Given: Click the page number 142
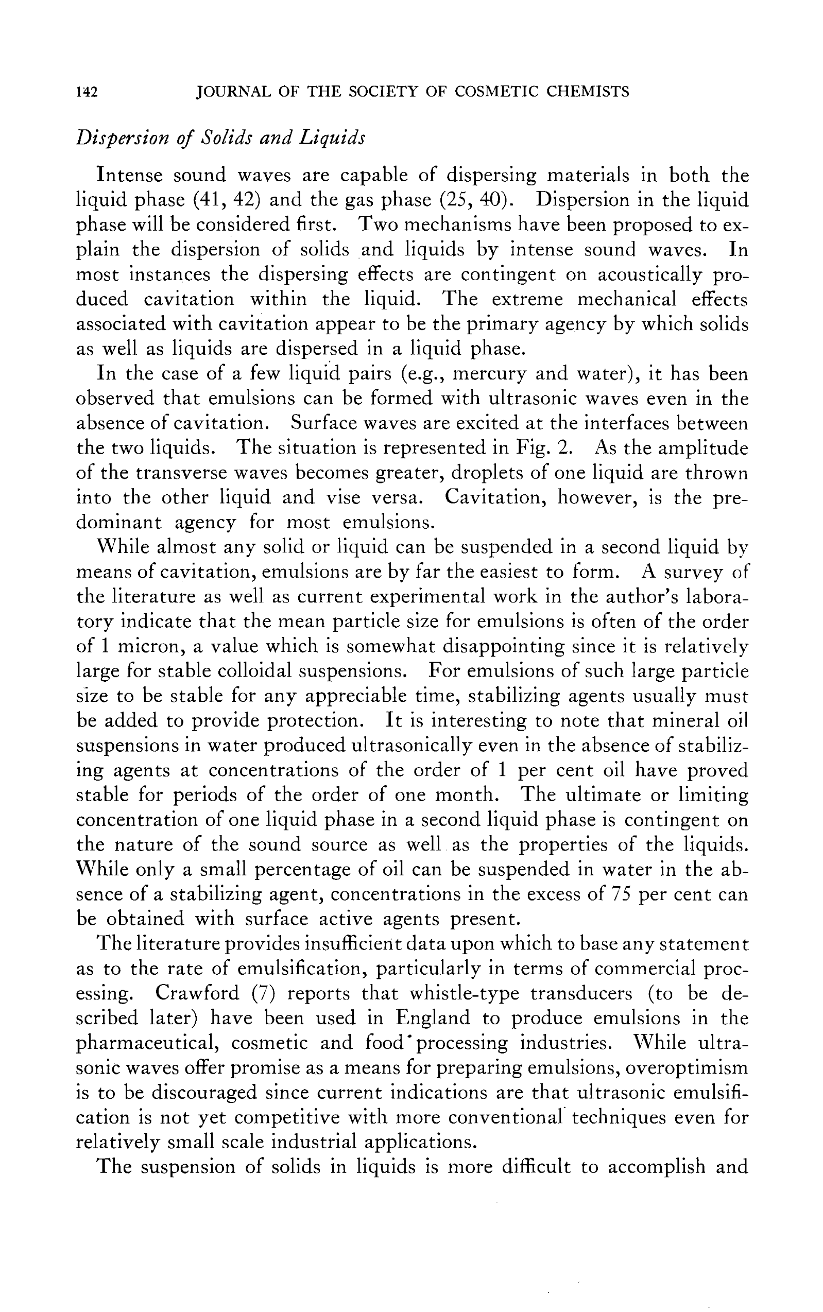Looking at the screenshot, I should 87,92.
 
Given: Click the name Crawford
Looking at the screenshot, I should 197,993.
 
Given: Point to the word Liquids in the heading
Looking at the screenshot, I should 331,137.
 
